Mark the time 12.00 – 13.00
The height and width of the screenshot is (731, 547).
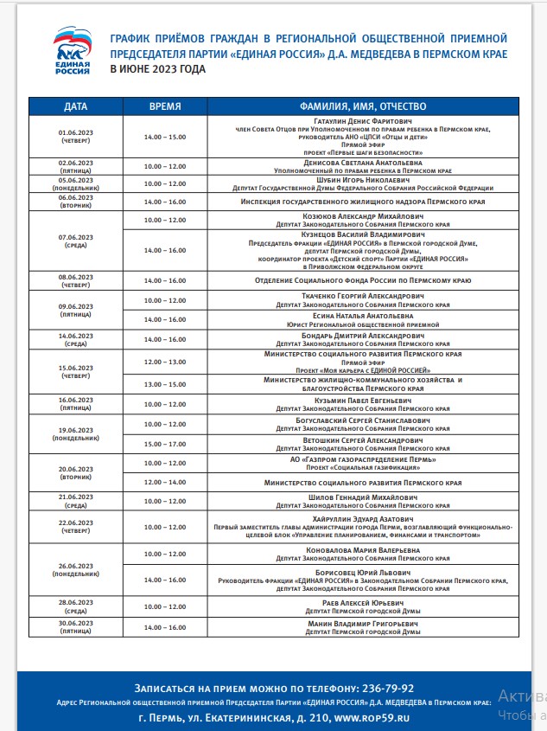coord(165,362)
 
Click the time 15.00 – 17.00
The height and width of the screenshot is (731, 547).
coord(165,444)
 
